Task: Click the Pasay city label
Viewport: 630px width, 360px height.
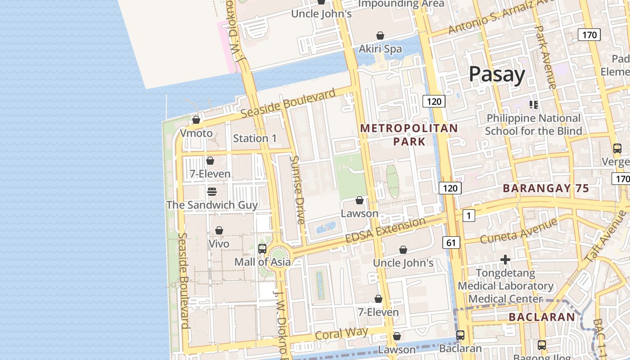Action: point(497,75)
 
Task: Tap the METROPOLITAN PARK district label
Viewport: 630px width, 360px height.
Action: point(409,135)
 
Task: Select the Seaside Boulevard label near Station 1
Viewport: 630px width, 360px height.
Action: point(288,103)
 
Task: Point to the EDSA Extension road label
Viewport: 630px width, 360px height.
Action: point(385,230)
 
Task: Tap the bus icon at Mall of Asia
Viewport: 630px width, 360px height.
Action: point(262,249)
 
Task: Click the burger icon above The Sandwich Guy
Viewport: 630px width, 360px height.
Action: point(212,192)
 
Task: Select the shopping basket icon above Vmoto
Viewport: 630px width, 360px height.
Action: point(196,120)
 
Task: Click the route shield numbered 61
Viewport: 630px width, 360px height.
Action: point(451,243)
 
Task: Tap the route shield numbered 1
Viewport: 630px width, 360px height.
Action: point(468,216)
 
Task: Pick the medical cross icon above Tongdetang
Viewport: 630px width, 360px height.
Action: point(505,260)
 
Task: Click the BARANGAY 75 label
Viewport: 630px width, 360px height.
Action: point(545,189)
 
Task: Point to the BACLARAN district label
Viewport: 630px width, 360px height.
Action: point(542,317)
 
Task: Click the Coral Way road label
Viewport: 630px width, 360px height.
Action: point(342,333)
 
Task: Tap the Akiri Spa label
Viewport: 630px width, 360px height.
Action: point(380,49)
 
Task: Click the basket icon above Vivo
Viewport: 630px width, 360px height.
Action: point(219,231)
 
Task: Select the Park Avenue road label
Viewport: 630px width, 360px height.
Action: point(545,56)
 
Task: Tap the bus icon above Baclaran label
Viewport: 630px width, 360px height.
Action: point(460,335)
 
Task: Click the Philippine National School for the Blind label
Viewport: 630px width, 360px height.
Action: point(533,125)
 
